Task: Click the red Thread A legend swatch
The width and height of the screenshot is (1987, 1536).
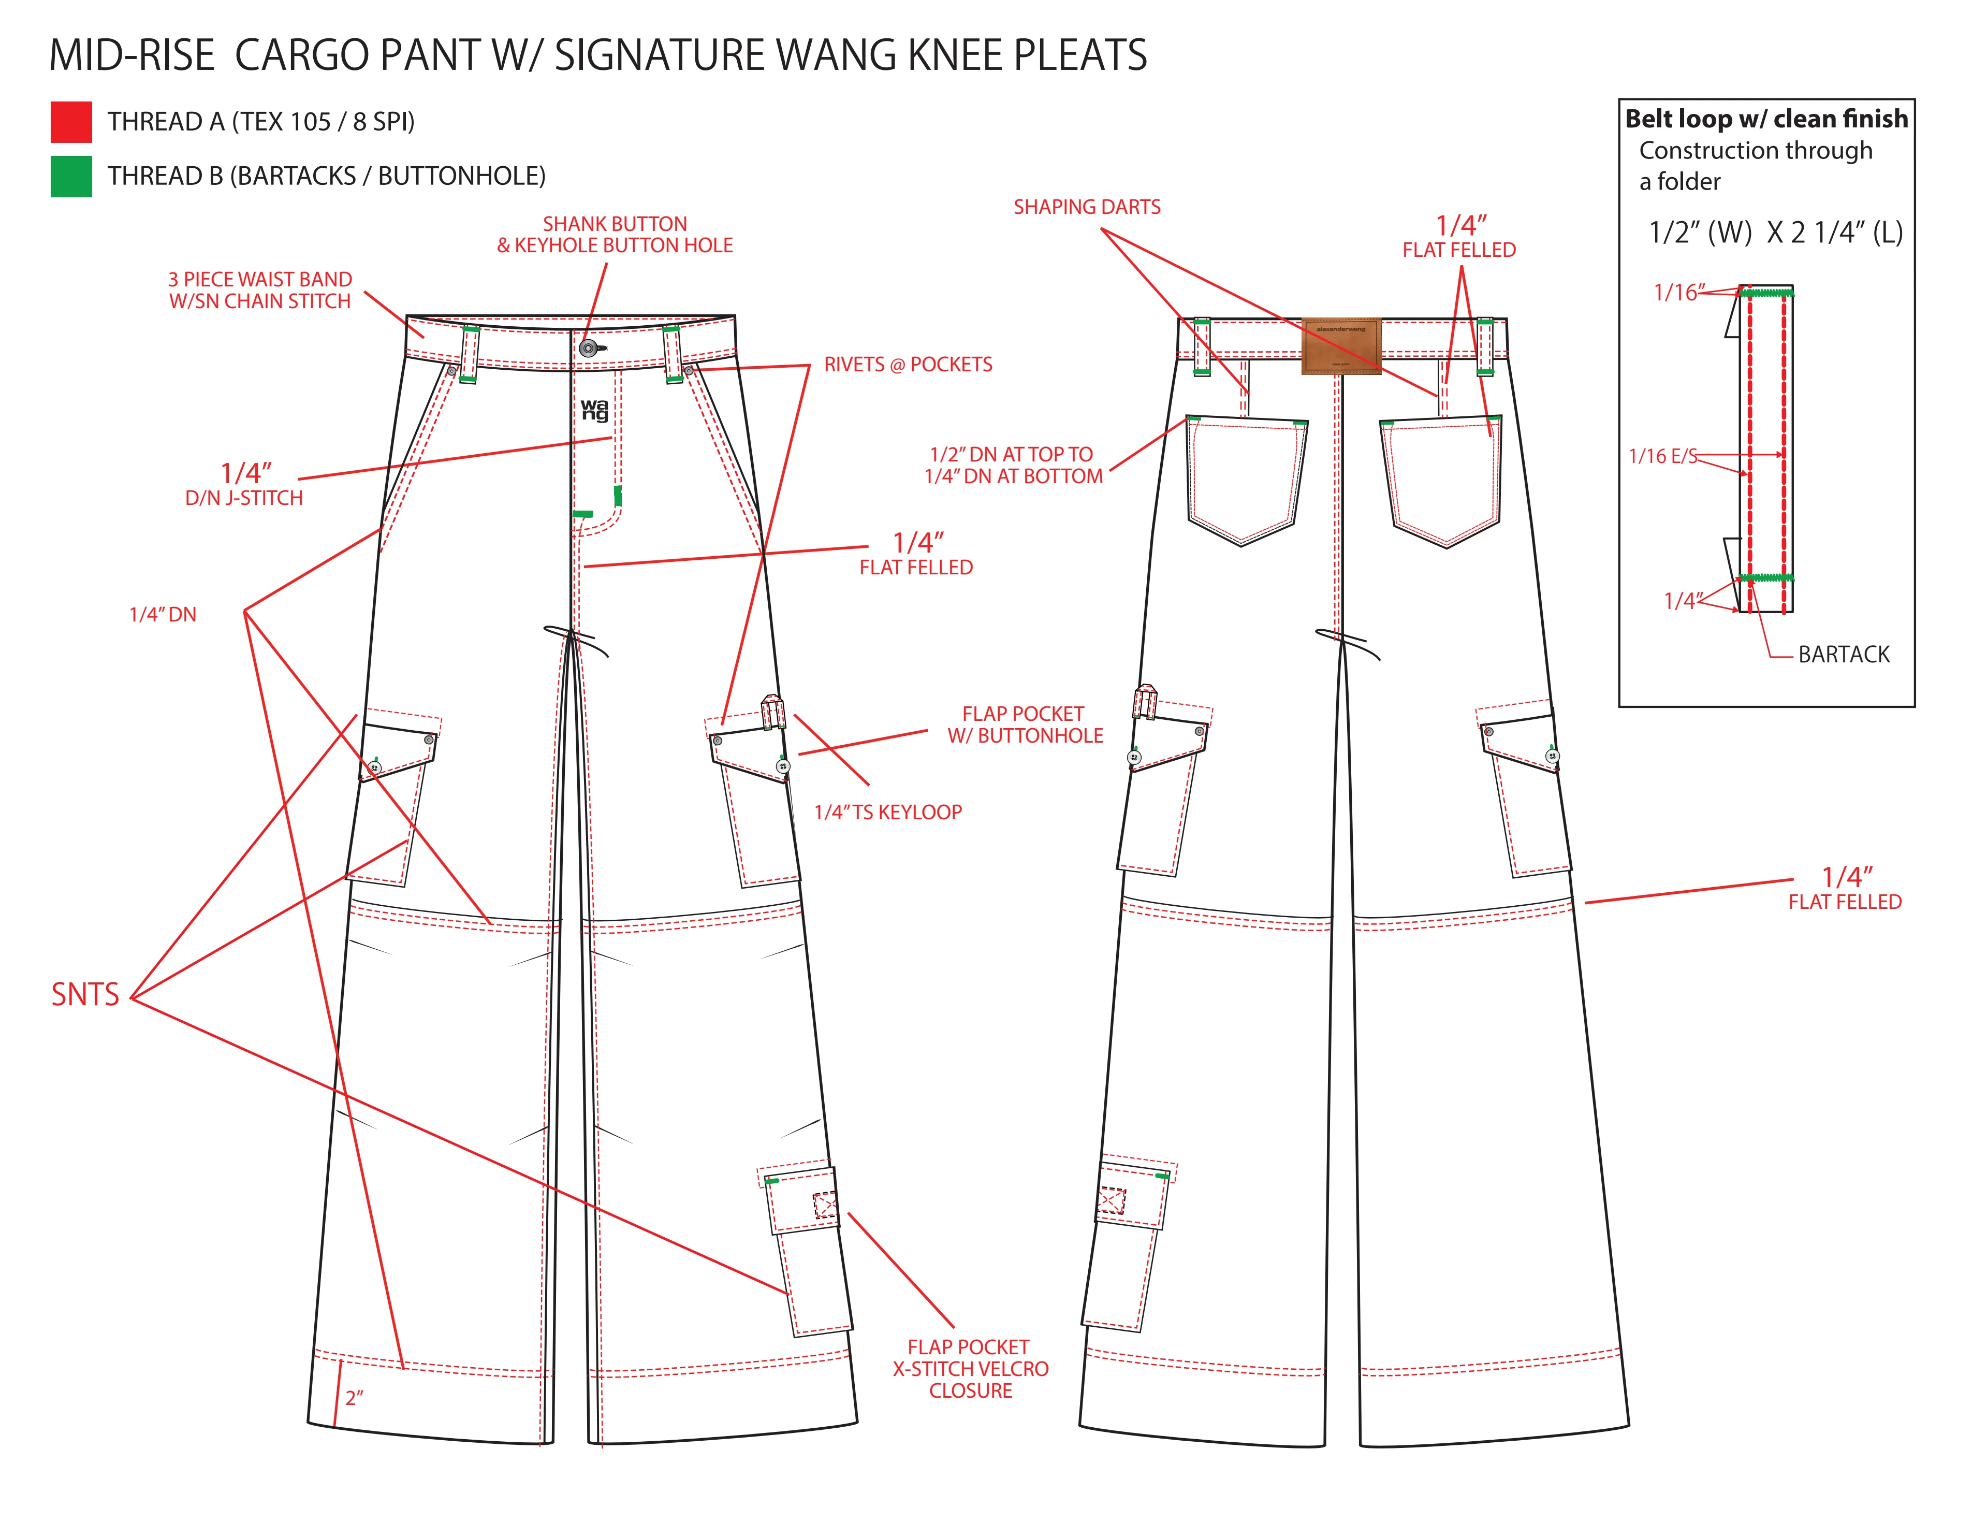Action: pyautogui.click(x=71, y=122)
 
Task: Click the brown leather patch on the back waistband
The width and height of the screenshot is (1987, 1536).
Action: pyautogui.click(x=1341, y=346)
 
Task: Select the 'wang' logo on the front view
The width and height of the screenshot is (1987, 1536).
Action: pyautogui.click(x=594, y=410)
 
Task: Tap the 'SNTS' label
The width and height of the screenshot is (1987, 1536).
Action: pyautogui.click(x=84, y=995)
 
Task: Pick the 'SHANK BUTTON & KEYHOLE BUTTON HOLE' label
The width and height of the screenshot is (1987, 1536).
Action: pyautogui.click(x=615, y=235)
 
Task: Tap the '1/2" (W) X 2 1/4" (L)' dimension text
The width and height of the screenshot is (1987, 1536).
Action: pyautogui.click(x=1775, y=233)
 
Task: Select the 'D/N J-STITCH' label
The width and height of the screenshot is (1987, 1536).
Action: pyautogui.click(x=244, y=499)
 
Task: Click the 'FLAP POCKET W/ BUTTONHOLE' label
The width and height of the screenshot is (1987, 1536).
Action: pyautogui.click(x=1025, y=725)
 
